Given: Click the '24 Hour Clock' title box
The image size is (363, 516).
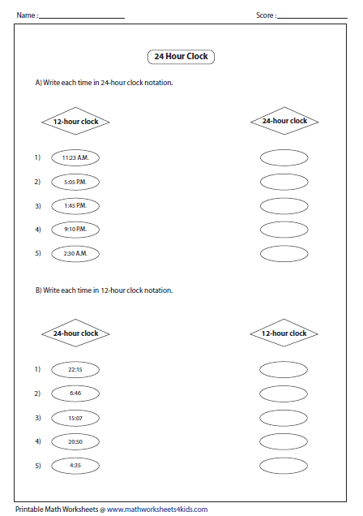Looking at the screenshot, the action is click(181, 57).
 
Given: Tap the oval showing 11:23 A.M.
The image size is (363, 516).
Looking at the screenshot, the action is click(75, 157).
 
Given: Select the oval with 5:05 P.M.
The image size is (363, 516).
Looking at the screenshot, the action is click(75, 182).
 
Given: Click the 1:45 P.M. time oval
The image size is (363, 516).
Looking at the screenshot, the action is click(75, 206).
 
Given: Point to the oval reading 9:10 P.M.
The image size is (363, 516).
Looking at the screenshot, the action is click(75, 230).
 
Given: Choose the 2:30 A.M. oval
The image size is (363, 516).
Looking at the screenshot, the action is click(75, 254).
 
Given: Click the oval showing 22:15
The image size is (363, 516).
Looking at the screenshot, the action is click(75, 369).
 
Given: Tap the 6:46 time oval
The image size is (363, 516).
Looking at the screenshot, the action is click(75, 393).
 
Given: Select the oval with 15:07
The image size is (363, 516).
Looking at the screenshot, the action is click(75, 418).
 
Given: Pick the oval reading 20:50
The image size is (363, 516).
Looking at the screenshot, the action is click(75, 441).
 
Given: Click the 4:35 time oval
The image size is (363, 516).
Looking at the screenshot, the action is click(75, 466).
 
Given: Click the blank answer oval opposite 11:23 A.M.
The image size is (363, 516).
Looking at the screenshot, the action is click(284, 157).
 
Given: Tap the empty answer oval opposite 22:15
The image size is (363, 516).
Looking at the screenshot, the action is click(284, 369).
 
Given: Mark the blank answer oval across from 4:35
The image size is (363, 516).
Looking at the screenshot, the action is click(284, 466).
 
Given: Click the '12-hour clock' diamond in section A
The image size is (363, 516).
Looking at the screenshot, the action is click(75, 121).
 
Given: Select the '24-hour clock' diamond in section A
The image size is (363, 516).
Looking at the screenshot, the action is click(284, 121).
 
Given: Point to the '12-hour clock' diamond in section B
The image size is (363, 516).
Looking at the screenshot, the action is click(284, 333).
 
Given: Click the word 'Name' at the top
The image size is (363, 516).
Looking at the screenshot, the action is click(24, 15).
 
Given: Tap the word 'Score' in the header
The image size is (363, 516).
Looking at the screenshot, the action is click(265, 15).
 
